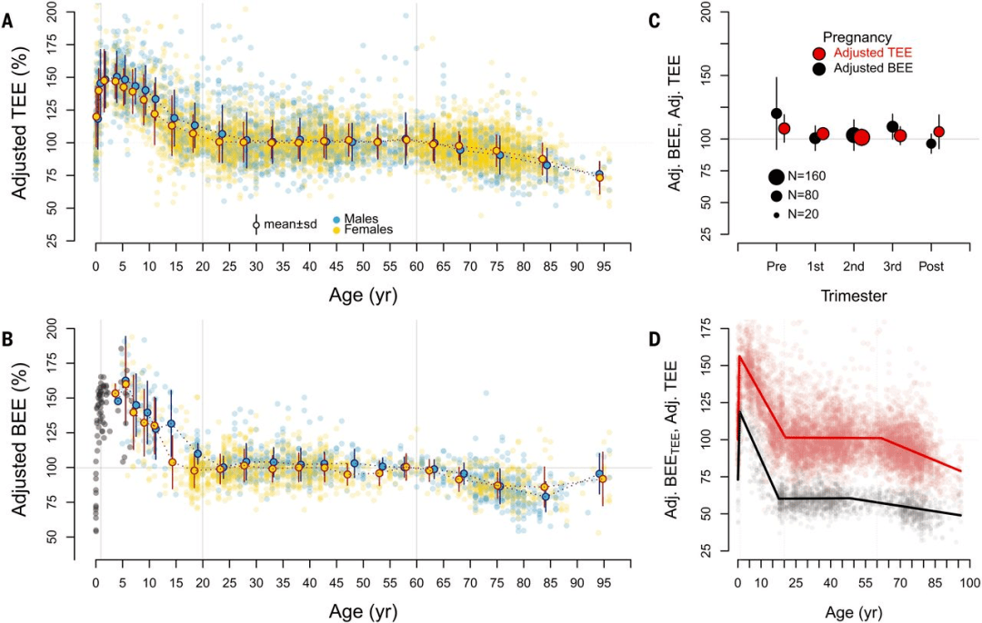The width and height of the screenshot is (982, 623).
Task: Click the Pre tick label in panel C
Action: (x=777, y=268)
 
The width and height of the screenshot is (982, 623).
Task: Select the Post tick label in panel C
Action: (x=932, y=268)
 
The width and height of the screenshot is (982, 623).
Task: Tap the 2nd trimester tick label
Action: (x=854, y=268)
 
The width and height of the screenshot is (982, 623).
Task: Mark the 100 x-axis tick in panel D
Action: (x=969, y=581)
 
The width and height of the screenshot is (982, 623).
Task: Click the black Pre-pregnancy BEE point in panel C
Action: (x=777, y=114)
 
